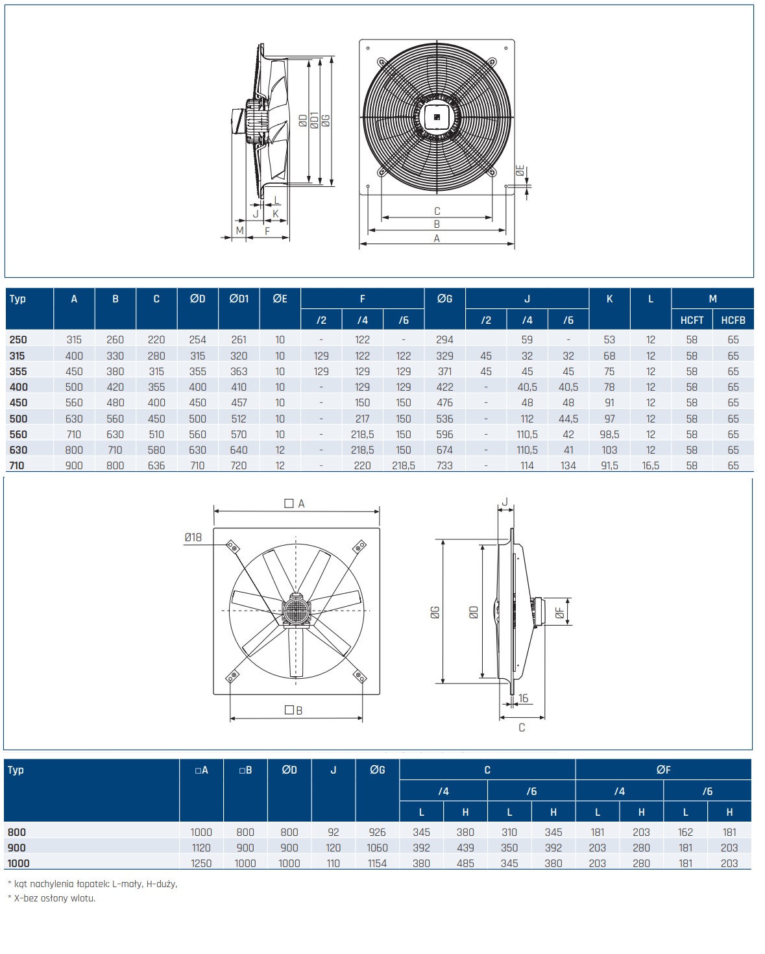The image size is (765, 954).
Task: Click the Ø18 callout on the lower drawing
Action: tap(193, 538)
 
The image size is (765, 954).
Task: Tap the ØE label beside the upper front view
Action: tap(520, 171)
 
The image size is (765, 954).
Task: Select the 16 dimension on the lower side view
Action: tap(524, 698)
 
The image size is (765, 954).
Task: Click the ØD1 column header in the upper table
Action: tap(239, 299)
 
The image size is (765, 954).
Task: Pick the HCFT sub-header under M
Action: tap(692, 320)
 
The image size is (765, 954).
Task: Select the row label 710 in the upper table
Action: tap(17, 465)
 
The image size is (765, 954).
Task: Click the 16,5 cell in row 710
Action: tap(651, 465)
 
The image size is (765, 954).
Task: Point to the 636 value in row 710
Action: tap(156, 465)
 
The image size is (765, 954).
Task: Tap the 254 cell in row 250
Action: tap(198, 339)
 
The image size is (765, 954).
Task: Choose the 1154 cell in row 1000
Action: tap(377, 863)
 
